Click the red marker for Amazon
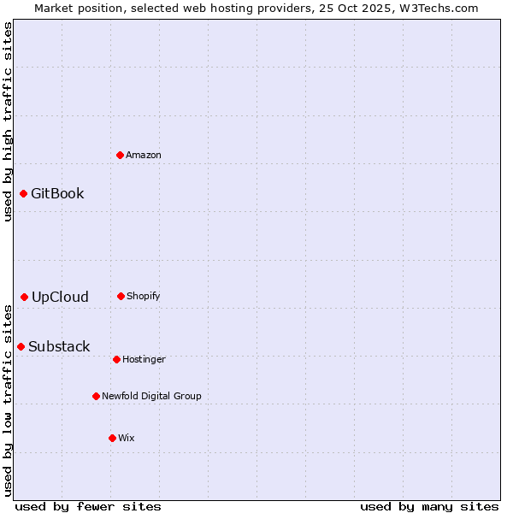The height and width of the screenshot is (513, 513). pyautogui.click(x=120, y=155)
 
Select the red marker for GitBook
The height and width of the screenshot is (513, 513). pyautogui.click(x=23, y=193)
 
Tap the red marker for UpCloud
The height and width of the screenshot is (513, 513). pyautogui.click(x=24, y=297)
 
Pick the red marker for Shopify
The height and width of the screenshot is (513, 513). pyautogui.click(x=121, y=296)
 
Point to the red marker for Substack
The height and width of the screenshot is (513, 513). pyautogui.click(x=21, y=346)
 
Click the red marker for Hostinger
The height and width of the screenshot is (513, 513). pyautogui.click(x=116, y=359)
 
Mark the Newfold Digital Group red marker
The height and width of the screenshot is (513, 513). pyautogui.click(x=96, y=396)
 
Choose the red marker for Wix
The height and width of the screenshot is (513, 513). pyautogui.click(x=112, y=438)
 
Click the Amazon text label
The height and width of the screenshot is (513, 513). pyautogui.click(x=144, y=155)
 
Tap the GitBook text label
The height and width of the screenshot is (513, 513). pyautogui.click(x=57, y=193)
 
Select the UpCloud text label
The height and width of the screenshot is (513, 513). pyautogui.click(x=60, y=297)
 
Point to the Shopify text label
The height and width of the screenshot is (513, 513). pyautogui.click(x=144, y=296)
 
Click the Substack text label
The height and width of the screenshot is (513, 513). pyautogui.click(x=59, y=346)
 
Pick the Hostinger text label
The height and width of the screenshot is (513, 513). pyautogui.click(x=144, y=359)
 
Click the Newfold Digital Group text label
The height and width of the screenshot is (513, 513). pyautogui.click(x=151, y=396)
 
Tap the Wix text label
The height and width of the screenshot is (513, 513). pyautogui.click(x=127, y=438)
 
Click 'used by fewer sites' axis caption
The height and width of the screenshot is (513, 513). pyautogui.click(x=88, y=506)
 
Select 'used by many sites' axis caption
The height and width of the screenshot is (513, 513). pyautogui.click(x=429, y=506)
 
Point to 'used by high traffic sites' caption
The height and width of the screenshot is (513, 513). pyautogui.click(x=8, y=121)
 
